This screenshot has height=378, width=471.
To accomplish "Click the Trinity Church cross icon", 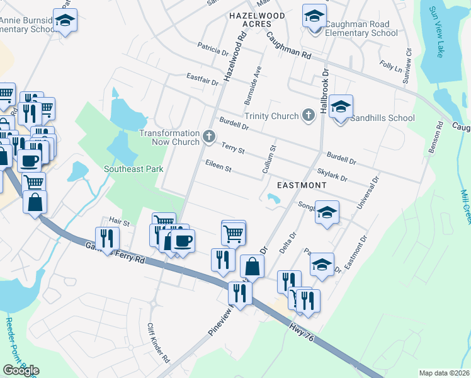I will (308, 115).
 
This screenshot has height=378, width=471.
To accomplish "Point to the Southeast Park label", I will (134, 169).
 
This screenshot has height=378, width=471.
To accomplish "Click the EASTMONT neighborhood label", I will (302, 185).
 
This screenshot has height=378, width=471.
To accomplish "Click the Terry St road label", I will (233, 149).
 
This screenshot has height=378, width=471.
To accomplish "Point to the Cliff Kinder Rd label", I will (158, 343).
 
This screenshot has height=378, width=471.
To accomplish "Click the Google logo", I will (21, 370).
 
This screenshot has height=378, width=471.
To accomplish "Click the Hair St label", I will (118, 222).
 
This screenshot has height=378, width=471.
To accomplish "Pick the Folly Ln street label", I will (390, 66).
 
